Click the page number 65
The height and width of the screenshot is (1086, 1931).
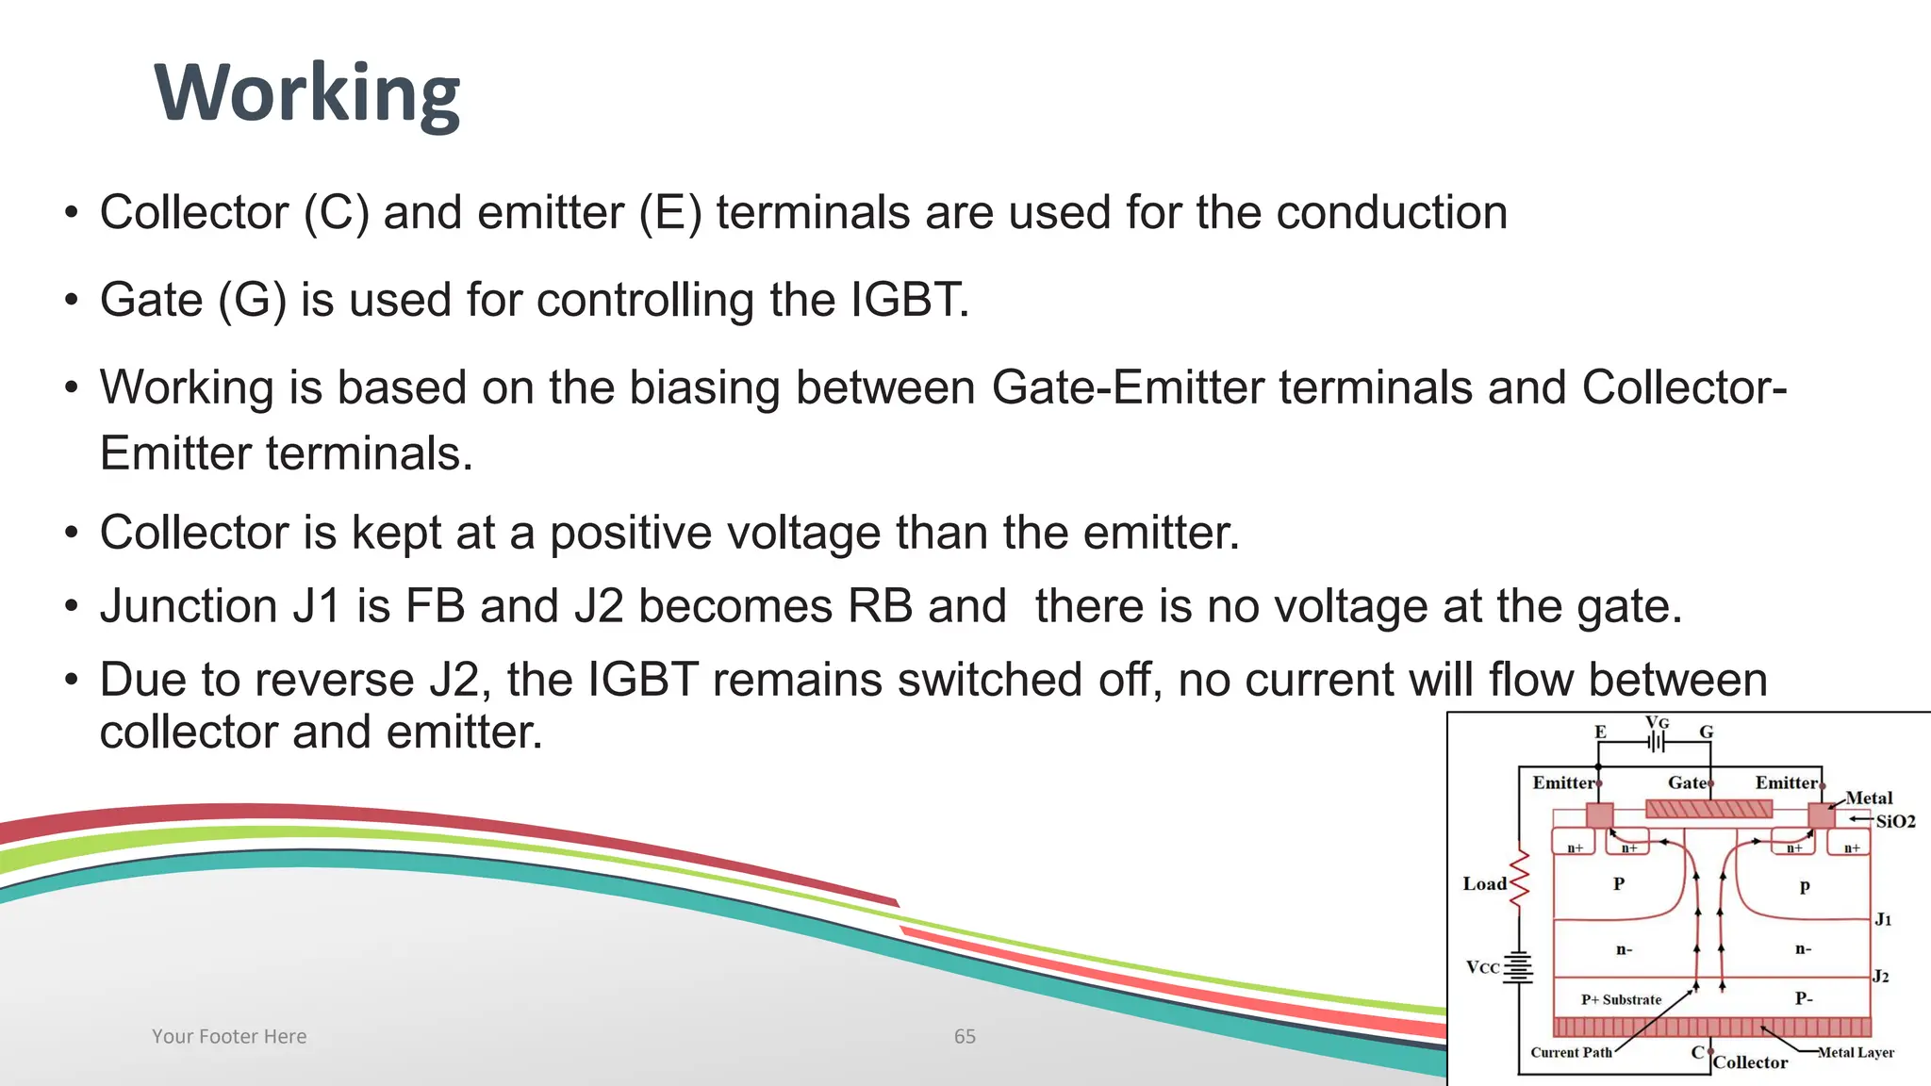965,1036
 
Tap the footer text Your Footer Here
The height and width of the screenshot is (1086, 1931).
229,1036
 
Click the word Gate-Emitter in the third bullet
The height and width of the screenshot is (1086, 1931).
1128,387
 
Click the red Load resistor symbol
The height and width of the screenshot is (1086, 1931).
1519,879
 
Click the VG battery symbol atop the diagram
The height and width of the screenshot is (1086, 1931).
1657,742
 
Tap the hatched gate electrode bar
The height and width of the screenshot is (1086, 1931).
1708,809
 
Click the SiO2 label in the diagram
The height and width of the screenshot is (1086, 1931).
1895,821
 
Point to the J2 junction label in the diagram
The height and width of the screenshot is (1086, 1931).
1880,976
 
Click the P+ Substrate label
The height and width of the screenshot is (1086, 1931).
1621,999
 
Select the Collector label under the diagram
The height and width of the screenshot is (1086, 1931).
1750,1062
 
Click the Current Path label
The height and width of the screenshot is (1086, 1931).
1571,1052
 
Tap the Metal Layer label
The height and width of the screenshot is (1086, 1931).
1856,1052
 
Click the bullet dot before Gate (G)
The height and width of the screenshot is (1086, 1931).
72,302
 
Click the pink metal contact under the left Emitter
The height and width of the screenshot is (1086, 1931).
1600,814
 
